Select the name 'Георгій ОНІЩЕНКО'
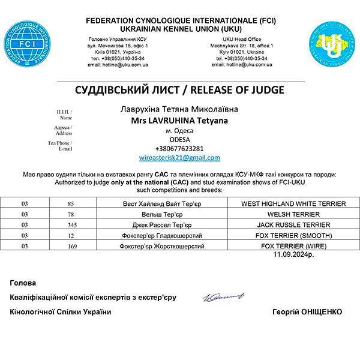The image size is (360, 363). click(307, 312)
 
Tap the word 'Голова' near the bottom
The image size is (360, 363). click(23, 283)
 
